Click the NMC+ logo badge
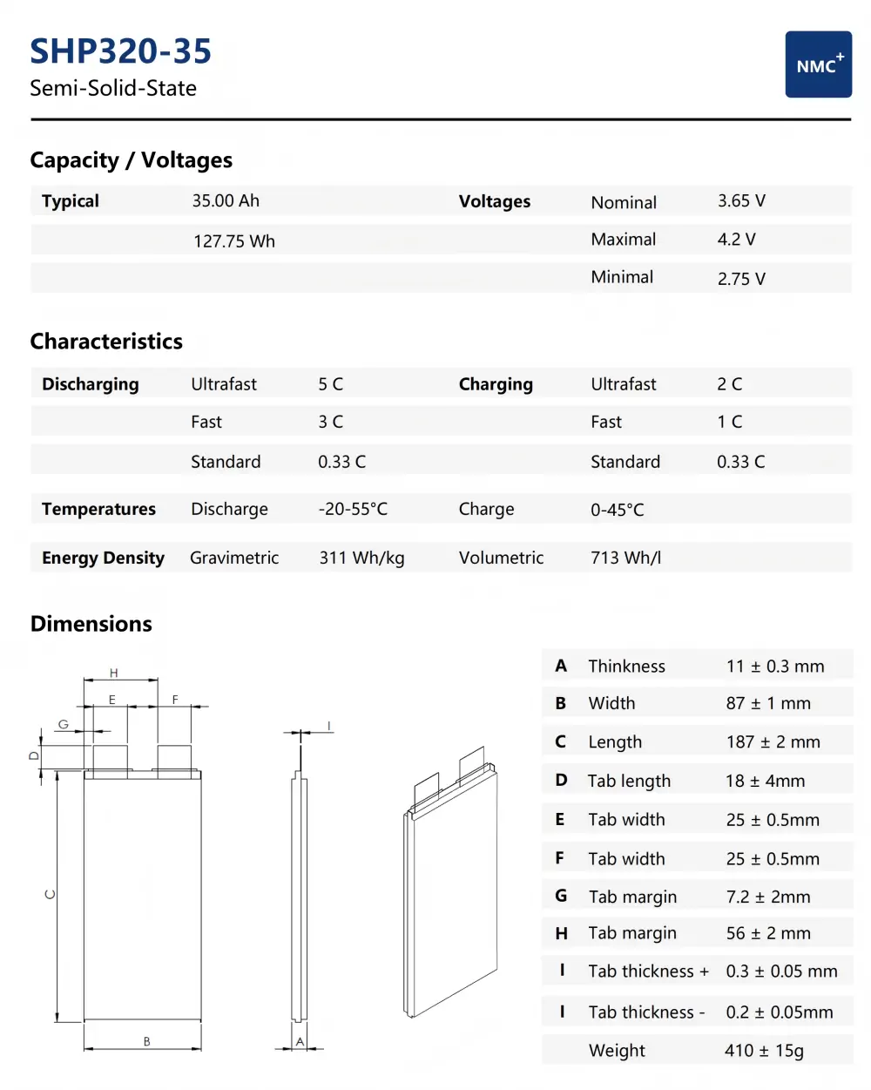818,64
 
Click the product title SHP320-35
120,51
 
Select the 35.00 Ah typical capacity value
226,200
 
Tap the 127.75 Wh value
233,241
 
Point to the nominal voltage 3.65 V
741,200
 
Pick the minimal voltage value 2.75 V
741,279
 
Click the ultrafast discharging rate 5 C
330,384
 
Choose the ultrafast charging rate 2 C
729,384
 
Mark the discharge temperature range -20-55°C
353,509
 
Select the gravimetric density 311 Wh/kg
361,558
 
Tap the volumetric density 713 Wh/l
625,558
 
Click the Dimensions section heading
91,624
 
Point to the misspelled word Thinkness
626,667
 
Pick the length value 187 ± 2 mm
773,741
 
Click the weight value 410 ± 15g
764,1051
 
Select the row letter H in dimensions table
561,933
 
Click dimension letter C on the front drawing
50,895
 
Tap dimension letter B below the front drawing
146,1041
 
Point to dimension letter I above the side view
328,726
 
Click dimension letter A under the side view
300,1041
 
